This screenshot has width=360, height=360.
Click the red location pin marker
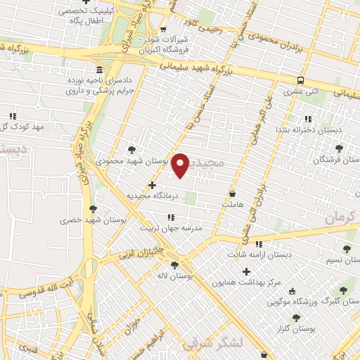pyautogui.click(x=181, y=165)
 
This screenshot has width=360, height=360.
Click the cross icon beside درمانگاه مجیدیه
pyautogui.click(x=152, y=185)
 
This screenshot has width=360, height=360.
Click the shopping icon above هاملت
pyautogui.click(x=233, y=193)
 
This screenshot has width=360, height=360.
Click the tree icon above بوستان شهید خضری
pyautogui.click(x=94, y=209)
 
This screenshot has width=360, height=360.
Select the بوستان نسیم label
pyautogui.click(x=343, y=260)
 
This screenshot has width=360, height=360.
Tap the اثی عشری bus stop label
pyautogui.click(x=300, y=91)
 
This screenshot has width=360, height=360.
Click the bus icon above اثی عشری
pyautogui.click(x=300, y=80)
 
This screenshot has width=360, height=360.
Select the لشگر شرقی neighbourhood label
pyautogui.click(x=211, y=344)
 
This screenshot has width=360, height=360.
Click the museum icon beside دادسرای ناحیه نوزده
pyautogui.click(x=98, y=70)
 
